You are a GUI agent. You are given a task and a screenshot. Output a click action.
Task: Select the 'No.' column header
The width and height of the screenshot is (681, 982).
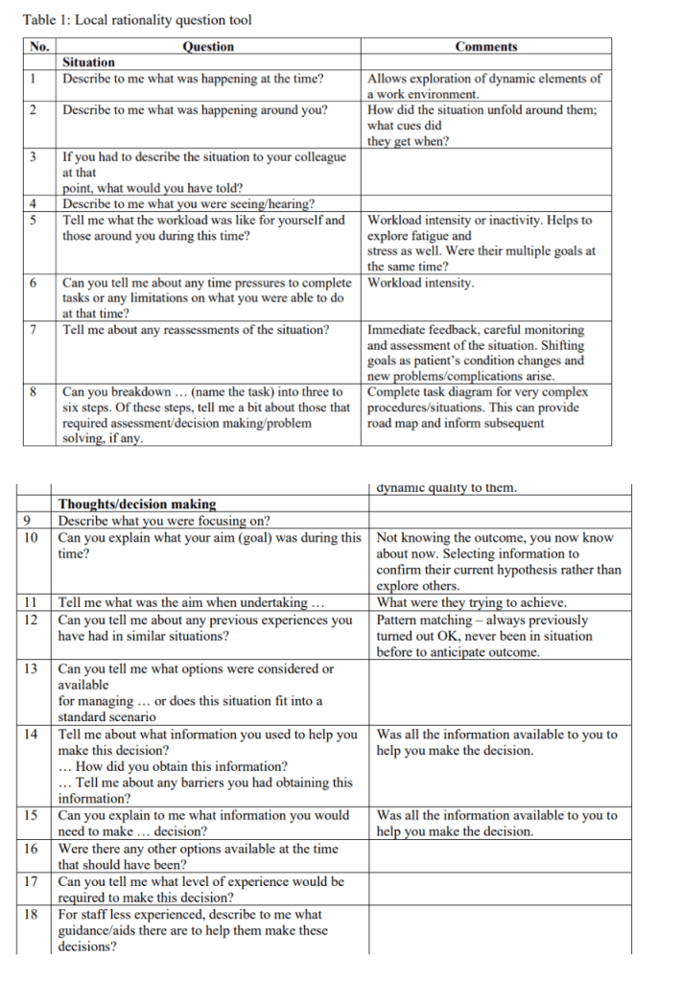[x=39, y=46]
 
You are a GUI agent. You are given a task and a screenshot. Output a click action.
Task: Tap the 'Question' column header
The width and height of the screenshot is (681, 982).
[x=208, y=46]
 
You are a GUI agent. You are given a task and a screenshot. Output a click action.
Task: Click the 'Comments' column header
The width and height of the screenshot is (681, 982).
[x=485, y=46]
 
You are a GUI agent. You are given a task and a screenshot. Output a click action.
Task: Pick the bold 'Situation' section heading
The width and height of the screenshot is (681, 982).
[x=88, y=62]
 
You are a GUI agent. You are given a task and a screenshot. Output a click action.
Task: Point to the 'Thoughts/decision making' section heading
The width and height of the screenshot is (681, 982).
[x=137, y=503]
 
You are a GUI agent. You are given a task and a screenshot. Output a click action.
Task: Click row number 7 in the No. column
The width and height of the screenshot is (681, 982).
[x=34, y=330]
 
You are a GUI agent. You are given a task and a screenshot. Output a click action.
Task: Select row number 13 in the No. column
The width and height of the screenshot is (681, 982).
[x=30, y=668]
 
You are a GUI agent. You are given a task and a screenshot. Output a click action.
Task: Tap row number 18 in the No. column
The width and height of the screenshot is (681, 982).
[x=30, y=914]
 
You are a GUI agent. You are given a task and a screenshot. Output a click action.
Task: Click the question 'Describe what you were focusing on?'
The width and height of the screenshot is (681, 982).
[x=164, y=521]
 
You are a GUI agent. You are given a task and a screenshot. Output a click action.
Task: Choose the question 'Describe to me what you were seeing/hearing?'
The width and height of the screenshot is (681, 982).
[x=189, y=203]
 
